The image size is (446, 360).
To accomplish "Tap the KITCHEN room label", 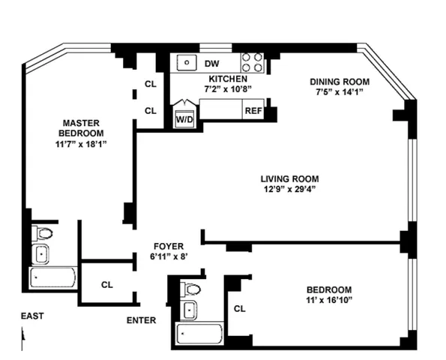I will [x=227, y=79].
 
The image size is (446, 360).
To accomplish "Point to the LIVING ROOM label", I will [x=289, y=178].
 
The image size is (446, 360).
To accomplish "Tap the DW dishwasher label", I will [x=213, y=64].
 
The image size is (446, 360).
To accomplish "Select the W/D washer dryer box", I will [x=184, y=118].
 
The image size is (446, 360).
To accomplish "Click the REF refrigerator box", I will [x=253, y=111].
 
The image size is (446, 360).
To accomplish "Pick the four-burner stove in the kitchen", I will [x=253, y=62].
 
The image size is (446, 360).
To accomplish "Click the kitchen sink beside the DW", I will [x=184, y=63].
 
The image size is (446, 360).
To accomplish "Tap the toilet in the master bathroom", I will [x=42, y=233].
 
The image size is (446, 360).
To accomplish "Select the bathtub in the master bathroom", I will [x=52, y=279].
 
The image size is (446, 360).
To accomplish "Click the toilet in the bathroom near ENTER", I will [x=192, y=289].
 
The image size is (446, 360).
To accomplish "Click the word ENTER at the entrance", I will [x=141, y=320].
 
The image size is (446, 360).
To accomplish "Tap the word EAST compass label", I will [x=32, y=316].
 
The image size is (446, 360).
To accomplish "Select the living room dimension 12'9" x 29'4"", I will [x=289, y=190].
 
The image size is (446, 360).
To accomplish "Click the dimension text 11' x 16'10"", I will [x=328, y=300].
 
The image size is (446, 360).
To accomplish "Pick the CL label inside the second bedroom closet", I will [x=240, y=308].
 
